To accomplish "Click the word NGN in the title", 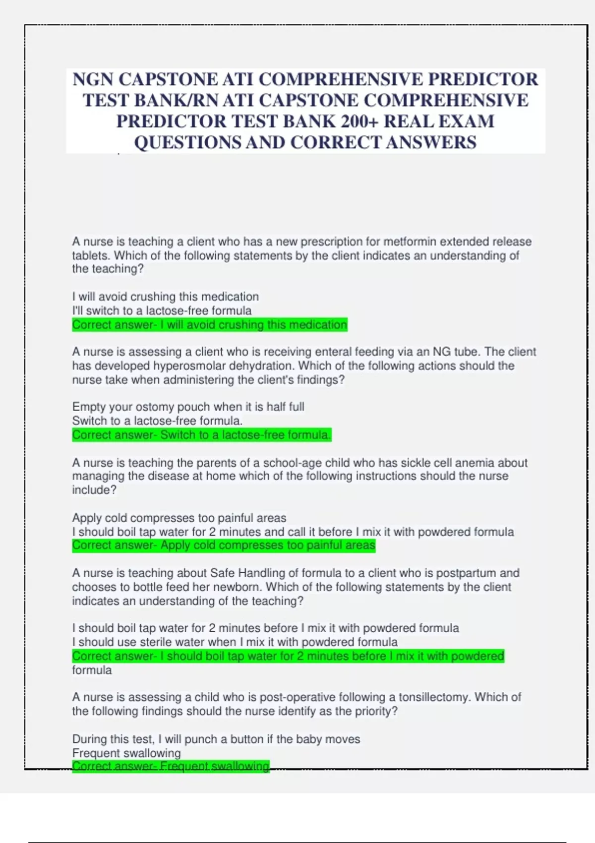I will point(93,79).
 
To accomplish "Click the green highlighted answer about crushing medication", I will point(210,325).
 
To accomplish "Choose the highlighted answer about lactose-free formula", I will point(201,435).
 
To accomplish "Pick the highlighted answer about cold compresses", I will point(224,545).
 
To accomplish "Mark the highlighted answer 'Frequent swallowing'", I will point(171,766).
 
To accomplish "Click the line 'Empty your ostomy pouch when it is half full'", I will point(188,407).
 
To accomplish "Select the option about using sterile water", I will point(235,642).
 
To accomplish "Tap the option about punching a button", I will point(216,739).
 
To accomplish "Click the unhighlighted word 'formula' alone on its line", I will point(92,670).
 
